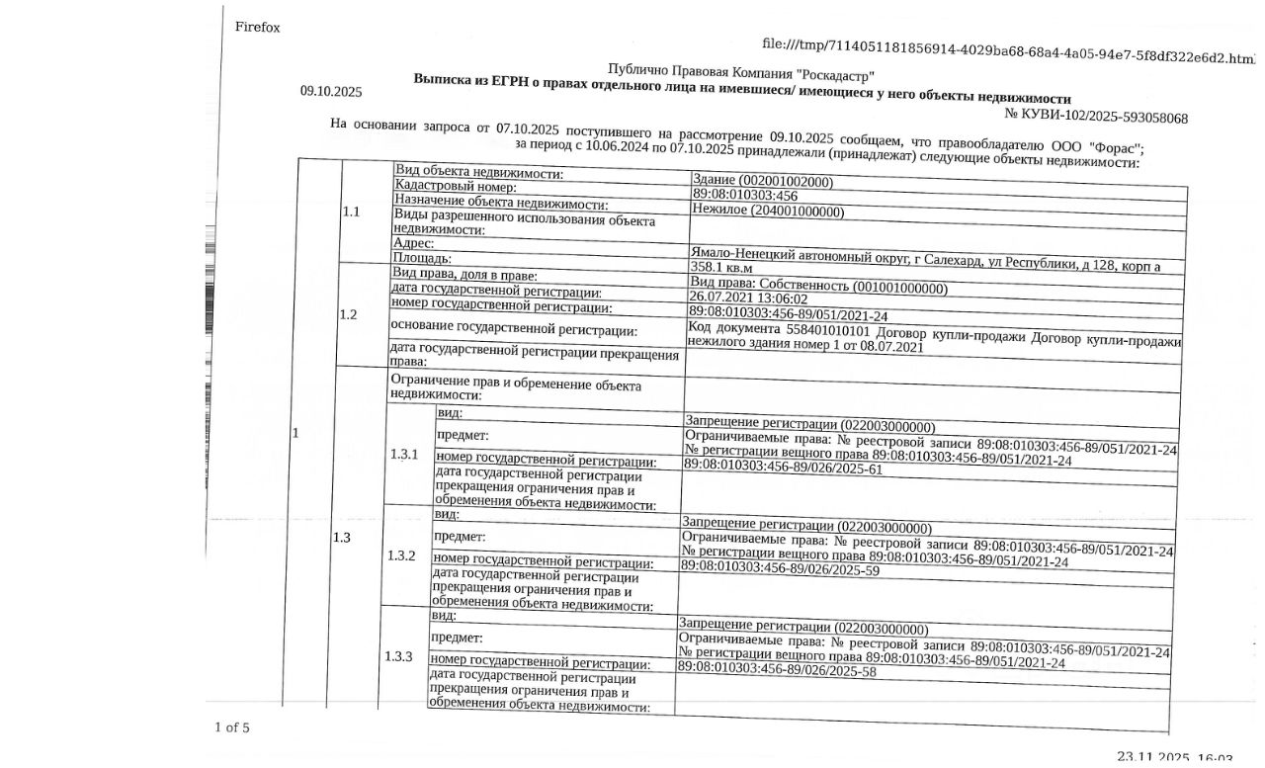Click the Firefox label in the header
(257, 28)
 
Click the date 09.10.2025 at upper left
(331, 92)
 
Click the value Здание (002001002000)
(763, 182)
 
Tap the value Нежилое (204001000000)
(768, 211)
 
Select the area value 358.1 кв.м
(720, 267)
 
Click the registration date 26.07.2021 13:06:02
(748, 299)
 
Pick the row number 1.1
(351, 212)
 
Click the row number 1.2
(348, 315)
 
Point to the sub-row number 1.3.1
(404, 455)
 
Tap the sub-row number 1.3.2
(401, 555)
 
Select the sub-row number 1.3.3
(398, 657)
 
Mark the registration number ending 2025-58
(777, 671)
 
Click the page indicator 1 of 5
(232, 728)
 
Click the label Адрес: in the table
(414, 242)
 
